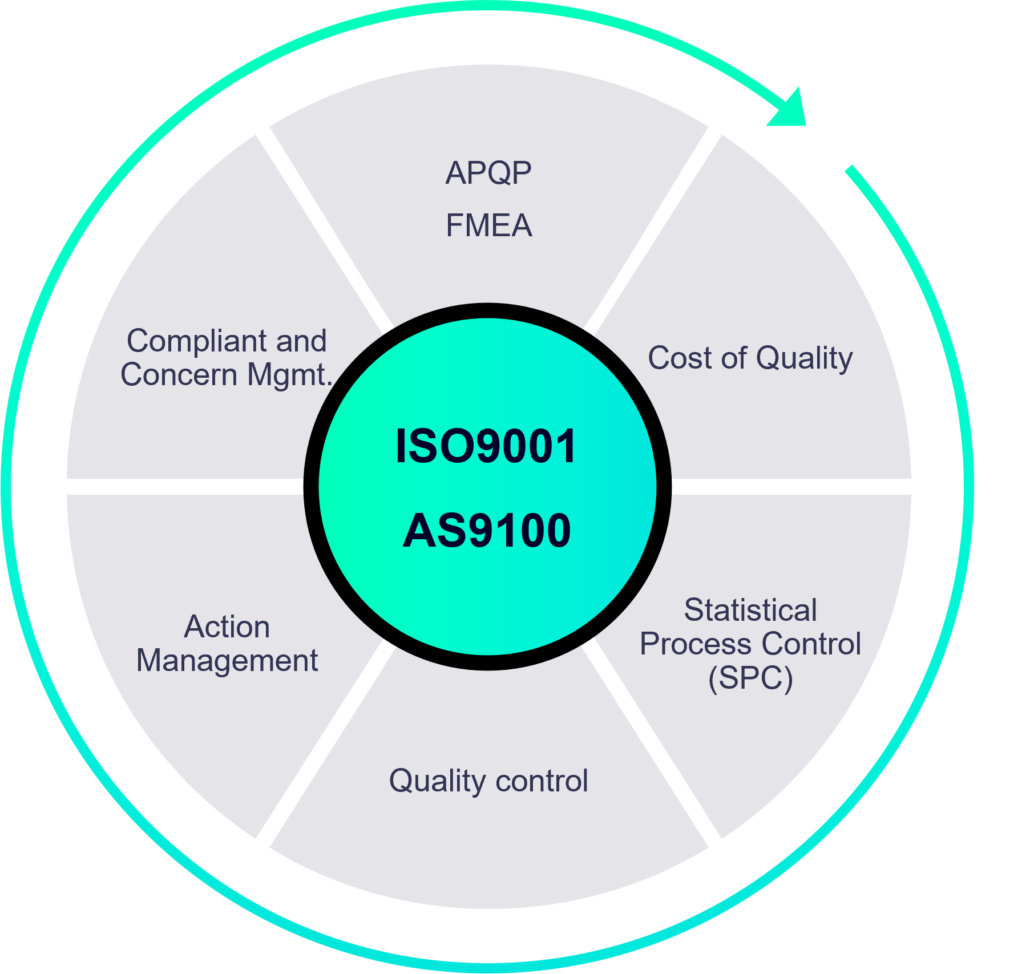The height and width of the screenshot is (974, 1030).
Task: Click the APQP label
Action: click(x=488, y=173)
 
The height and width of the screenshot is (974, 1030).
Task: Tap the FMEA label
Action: click(x=489, y=225)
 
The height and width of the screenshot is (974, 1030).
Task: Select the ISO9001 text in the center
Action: click(x=486, y=446)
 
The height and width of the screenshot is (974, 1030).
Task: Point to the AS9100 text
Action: click(x=487, y=531)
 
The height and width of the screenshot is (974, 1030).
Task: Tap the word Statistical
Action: click(x=750, y=610)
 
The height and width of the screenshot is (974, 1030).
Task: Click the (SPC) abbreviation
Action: click(x=750, y=678)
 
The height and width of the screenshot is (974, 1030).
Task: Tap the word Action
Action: click(x=227, y=627)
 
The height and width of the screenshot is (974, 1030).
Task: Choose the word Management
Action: click(x=227, y=661)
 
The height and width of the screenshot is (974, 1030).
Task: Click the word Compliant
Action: click(x=197, y=342)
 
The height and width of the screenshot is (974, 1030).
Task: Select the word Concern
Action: click(x=179, y=375)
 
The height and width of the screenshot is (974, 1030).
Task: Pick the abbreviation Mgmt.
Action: click(x=289, y=376)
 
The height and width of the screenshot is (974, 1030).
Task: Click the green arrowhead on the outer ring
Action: click(x=790, y=111)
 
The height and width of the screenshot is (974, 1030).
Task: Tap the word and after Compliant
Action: click(x=301, y=341)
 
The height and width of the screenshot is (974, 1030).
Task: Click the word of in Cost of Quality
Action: click(x=734, y=358)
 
